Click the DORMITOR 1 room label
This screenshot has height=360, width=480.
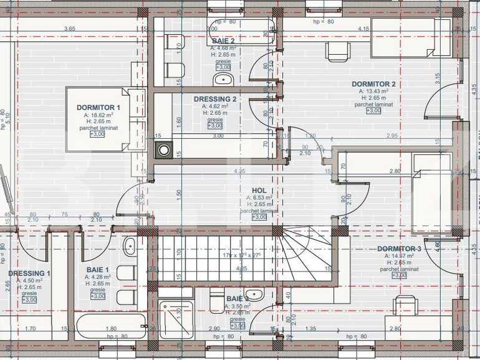[x=98, y=108]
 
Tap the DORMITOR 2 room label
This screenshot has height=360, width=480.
[x=373, y=84]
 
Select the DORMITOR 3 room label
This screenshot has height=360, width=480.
[x=399, y=249]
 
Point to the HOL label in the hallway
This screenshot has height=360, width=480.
[x=259, y=191]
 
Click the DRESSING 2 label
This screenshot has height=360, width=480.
[x=215, y=99]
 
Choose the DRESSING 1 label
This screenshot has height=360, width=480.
[x=29, y=273]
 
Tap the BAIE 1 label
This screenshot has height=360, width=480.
[x=98, y=270]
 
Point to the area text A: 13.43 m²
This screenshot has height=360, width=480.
[x=373, y=92]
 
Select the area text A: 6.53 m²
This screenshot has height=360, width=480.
[x=259, y=198]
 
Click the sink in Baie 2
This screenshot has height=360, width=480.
[x=223, y=79]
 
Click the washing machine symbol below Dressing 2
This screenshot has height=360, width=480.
[x=164, y=149]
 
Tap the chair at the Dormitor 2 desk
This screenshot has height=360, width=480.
[x=337, y=52]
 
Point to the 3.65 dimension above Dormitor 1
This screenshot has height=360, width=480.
[x=69, y=29]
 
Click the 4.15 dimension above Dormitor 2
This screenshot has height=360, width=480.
[x=363, y=29]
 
